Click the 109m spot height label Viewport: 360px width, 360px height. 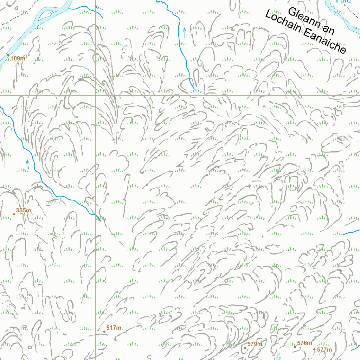pyautogui.click(x=18, y=58)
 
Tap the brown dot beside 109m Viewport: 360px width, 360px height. pyautogui.click(x=8, y=55)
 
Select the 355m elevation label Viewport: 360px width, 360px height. pyautogui.click(x=24, y=211)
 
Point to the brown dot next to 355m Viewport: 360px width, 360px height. pyautogui.click(x=14, y=214)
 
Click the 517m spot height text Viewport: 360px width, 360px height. pyautogui.click(x=114, y=328)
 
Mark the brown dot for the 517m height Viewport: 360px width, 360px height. pyautogui.click(x=104, y=332)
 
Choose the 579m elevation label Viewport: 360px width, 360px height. pyautogui.click(x=255, y=344)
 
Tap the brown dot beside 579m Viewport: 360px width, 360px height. pyautogui.click(x=245, y=348)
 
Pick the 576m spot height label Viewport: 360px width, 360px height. pyautogui.click(x=304, y=343)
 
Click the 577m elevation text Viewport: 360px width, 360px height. pyautogui.click(x=324, y=350)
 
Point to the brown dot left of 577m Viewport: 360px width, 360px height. pyautogui.click(x=315, y=349)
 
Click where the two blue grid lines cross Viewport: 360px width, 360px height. pyautogui.click(x=96, y=95)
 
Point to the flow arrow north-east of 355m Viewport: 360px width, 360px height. pyautogui.click(x=27, y=162)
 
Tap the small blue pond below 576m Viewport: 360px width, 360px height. pyautogui.click(x=279, y=357)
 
